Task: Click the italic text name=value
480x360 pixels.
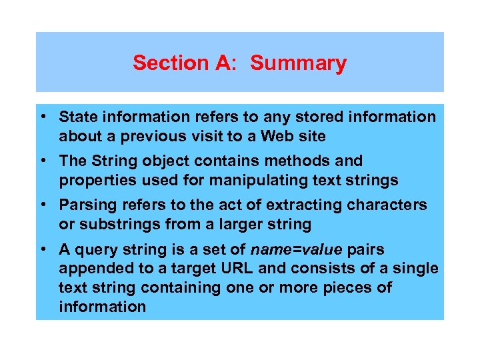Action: (297, 249)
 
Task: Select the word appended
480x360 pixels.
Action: (91, 269)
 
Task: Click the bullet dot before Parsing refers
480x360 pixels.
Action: (42, 205)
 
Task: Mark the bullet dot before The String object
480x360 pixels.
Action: (42, 161)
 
